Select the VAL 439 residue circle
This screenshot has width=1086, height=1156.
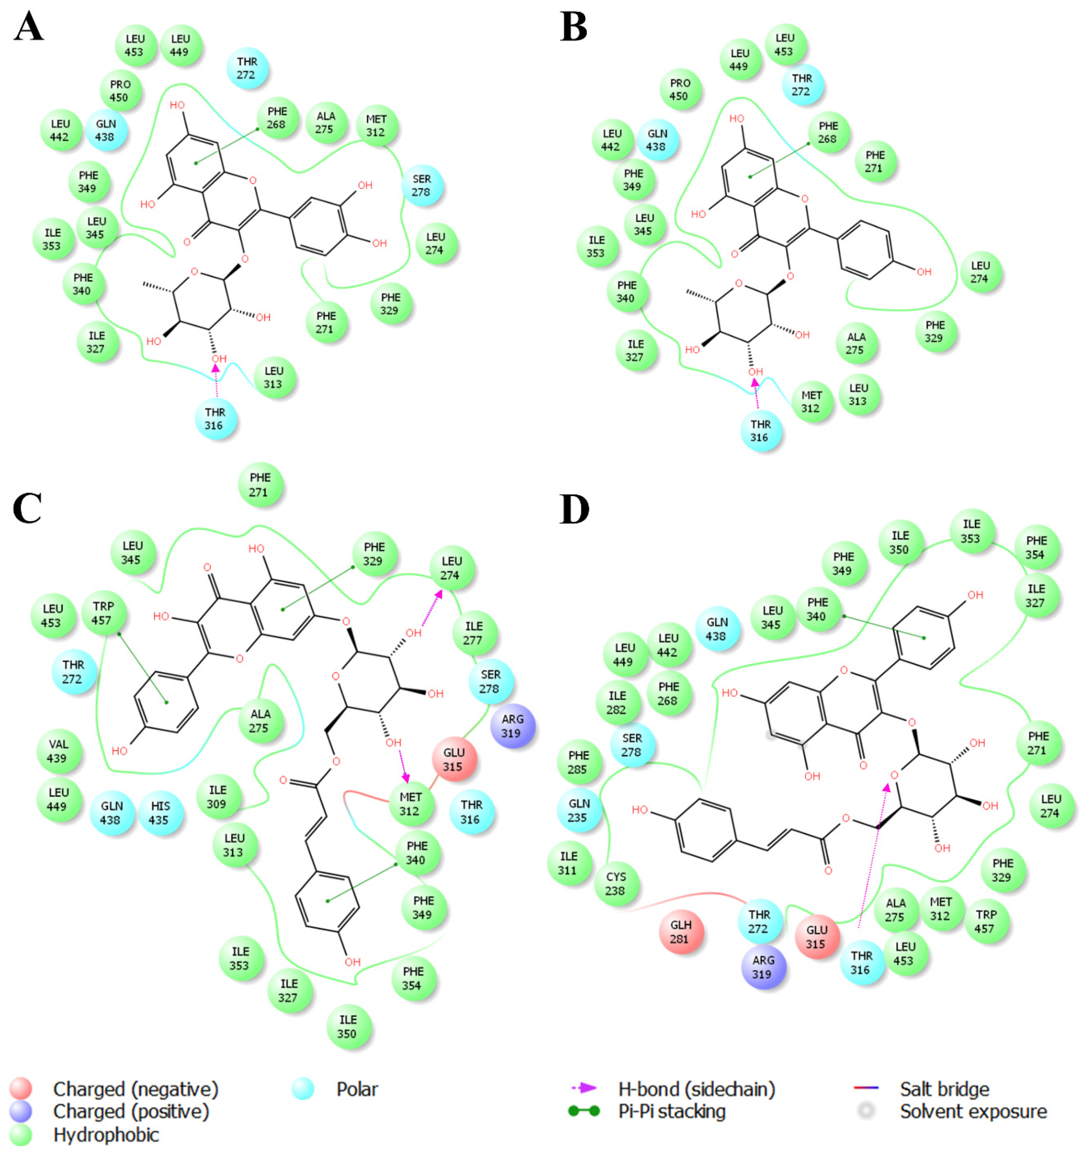[59, 751]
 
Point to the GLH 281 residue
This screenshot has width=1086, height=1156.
[681, 932]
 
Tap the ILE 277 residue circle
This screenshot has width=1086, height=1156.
[474, 633]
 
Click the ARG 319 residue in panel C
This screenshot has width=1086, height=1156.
[512, 726]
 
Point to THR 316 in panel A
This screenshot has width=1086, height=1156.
[215, 419]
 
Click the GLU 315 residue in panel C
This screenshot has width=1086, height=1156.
[454, 759]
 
